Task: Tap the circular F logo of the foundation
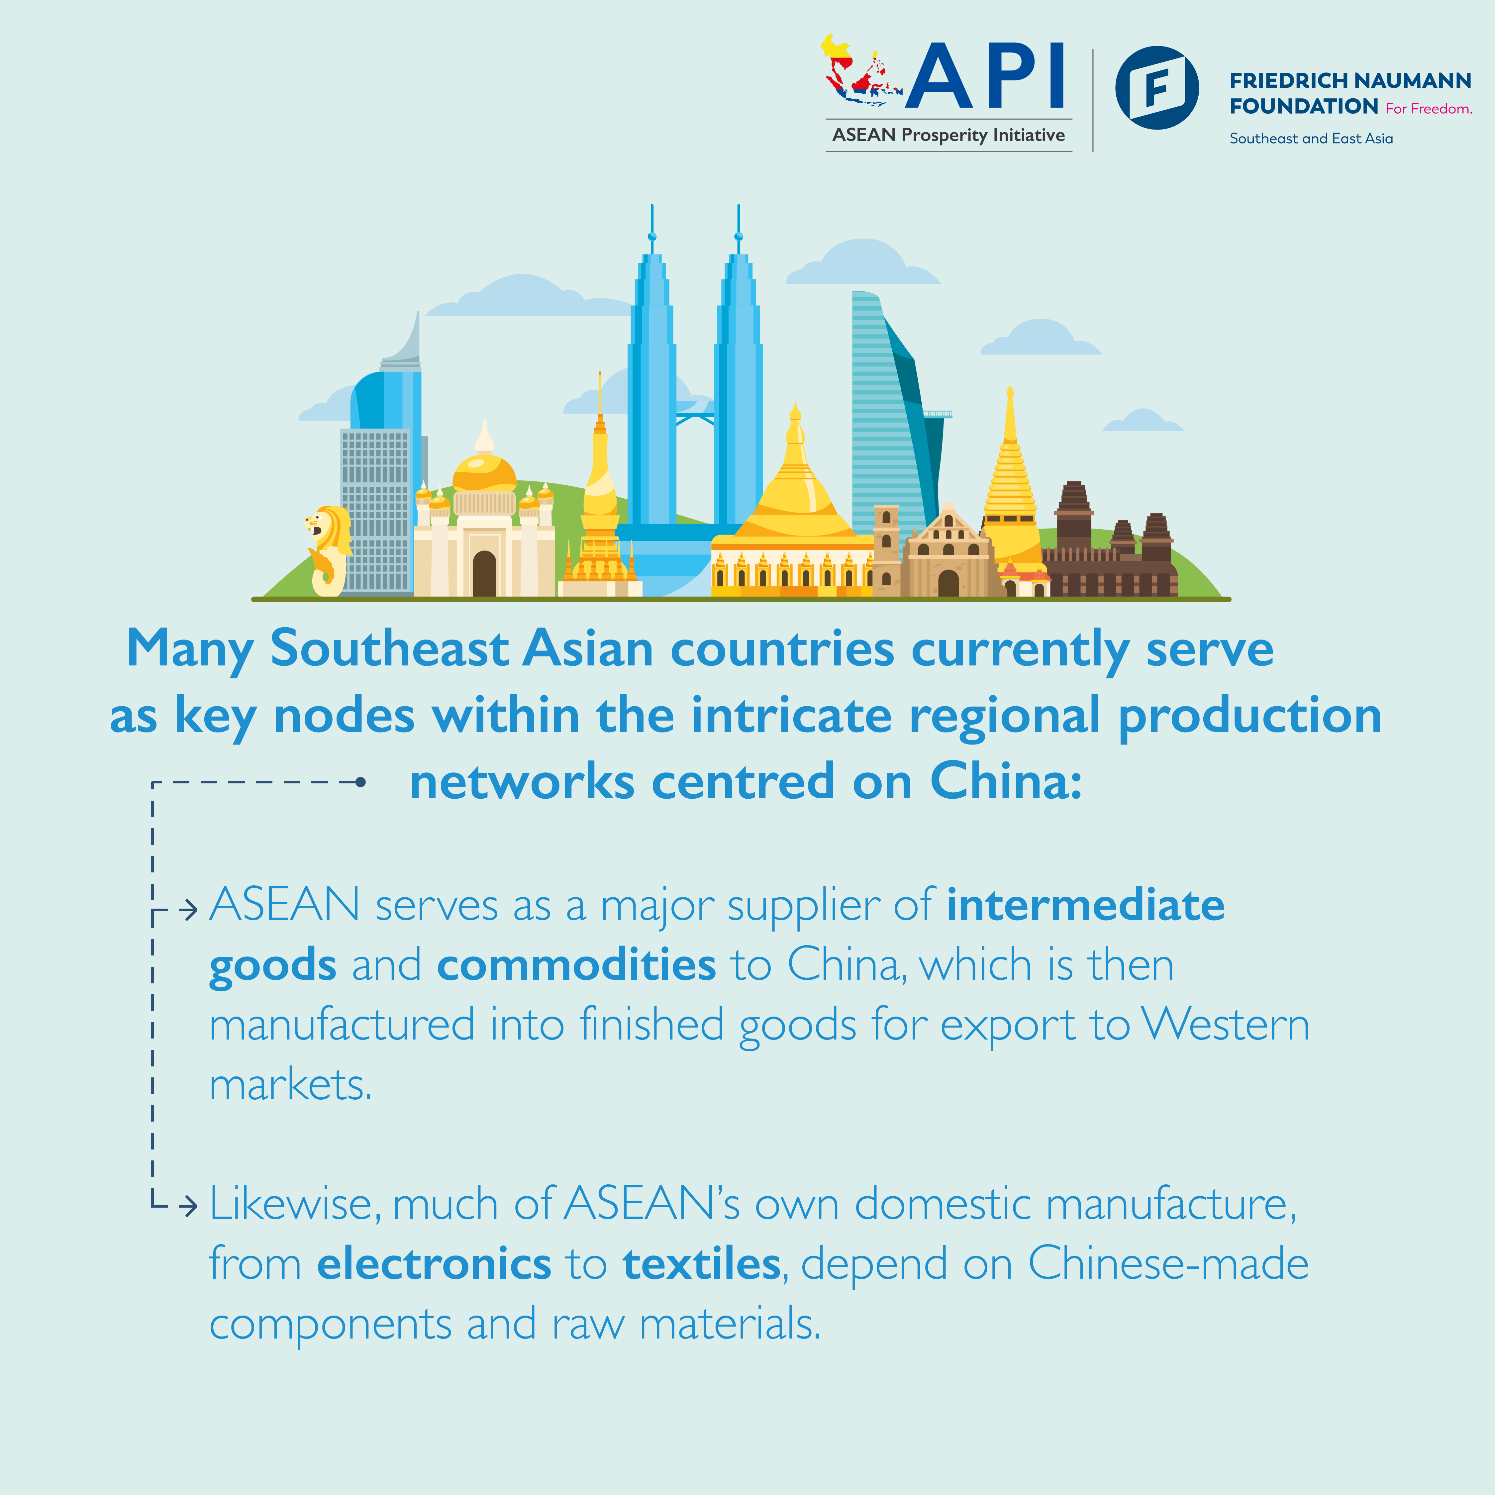pyautogui.click(x=1157, y=87)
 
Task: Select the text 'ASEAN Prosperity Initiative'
pyautogui.click(x=949, y=136)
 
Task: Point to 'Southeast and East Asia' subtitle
pyautogui.click(x=1311, y=139)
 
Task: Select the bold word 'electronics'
pyautogui.click(x=434, y=1264)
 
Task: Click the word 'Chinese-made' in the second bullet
pyautogui.click(x=1168, y=1264)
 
